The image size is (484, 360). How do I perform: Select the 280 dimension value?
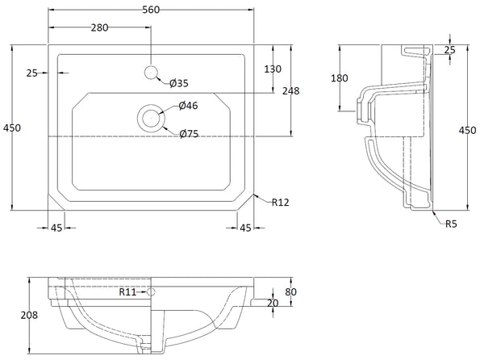coord(99,27)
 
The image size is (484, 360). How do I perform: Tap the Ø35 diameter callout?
coord(179,82)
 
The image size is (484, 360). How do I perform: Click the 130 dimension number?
coord(273,69)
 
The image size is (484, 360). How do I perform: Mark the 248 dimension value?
coord(290,91)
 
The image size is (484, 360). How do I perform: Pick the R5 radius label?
coord(453,224)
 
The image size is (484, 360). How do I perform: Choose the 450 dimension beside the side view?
coord(468,131)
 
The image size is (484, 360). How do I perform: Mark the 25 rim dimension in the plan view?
coord(32,73)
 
